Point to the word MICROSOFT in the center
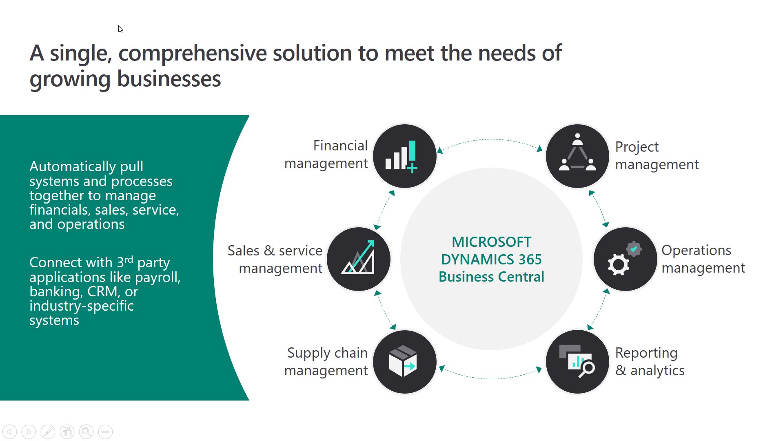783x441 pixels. click(491, 242)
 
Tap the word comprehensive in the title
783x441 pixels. click(192, 54)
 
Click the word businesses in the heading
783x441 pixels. click(169, 79)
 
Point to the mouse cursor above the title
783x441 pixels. click(120, 29)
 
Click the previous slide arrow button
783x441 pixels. click(9, 432)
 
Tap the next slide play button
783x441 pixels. click(29, 432)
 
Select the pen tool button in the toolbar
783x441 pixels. click(48, 432)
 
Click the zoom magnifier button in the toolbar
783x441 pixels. click(86, 432)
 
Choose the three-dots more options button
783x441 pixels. click(105, 432)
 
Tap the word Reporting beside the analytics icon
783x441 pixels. click(646, 353)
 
